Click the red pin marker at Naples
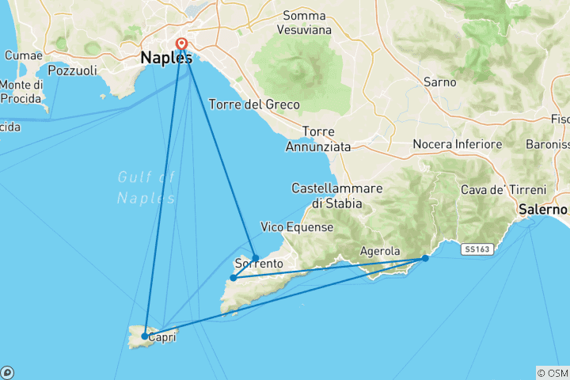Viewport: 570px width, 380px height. point(182,44)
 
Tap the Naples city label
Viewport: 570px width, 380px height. point(165,59)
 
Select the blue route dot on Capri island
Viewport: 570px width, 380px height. point(144,336)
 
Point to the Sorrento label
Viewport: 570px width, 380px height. point(259,264)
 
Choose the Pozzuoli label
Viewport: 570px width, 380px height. point(71,70)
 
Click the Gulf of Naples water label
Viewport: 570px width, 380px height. point(145,188)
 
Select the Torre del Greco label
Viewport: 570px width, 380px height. point(253,104)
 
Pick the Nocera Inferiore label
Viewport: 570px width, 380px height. point(458,145)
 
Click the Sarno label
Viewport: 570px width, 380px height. point(439,82)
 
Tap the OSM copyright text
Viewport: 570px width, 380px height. point(553,373)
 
